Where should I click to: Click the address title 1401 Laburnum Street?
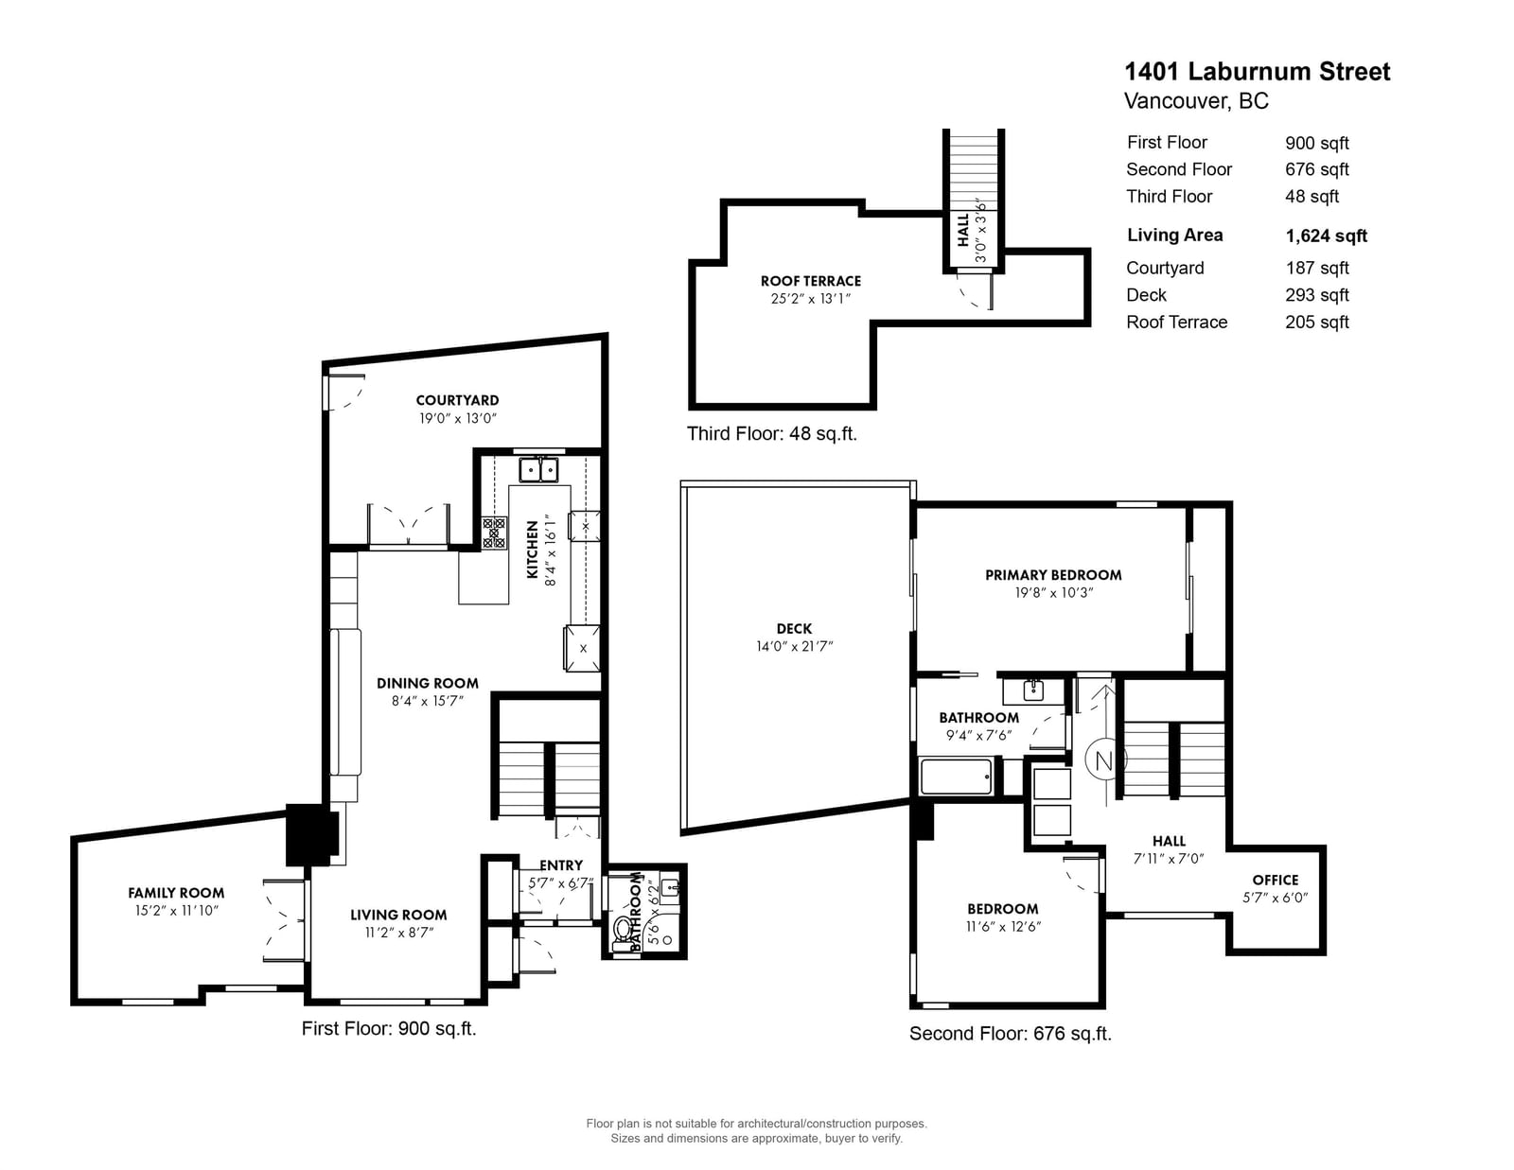click(1257, 72)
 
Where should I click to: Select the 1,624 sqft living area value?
click(1326, 236)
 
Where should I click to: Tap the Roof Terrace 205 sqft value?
click(1317, 323)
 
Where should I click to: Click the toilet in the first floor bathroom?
click(622, 933)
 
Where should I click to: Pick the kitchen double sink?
click(538, 470)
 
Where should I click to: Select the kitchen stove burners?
click(494, 533)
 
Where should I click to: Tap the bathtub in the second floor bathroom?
click(956, 777)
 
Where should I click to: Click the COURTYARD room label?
click(457, 400)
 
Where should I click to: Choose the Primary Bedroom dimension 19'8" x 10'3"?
click(1053, 593)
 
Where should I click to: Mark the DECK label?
click(794, 629)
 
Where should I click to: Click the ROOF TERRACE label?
click(811, 281)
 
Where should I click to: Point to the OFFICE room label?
click(1275, 881)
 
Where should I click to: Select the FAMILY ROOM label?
click(176, 893)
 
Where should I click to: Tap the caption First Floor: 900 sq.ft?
click(389, 1029)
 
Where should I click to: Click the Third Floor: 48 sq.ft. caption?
click(772, 434)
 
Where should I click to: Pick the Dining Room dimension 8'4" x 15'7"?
click(427, 701)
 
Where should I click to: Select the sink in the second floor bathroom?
click(1032, 690)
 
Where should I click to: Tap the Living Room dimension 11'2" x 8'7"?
click(399, 933)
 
